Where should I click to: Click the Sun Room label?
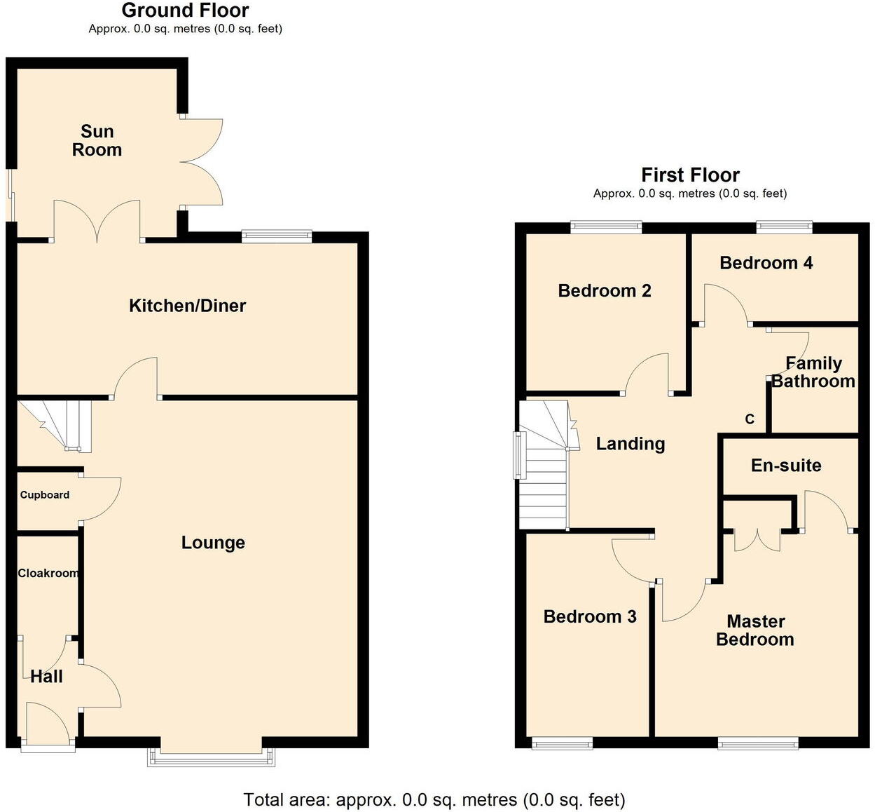click(x=97, y=141)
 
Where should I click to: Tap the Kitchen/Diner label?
click(x=187, y=306)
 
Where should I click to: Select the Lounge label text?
click(x=213, y=543)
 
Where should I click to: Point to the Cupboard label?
click(x=45, y=495)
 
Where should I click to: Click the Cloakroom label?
click(x=48, y=574)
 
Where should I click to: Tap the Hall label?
click(x=46, y=677)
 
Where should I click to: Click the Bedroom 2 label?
click(x=605, y=291)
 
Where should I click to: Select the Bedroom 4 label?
click(x=766, y=263)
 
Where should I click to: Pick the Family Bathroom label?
click(x=813, y=372)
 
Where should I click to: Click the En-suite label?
click(x=786, y=466)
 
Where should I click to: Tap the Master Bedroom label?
click(x=755, y=630)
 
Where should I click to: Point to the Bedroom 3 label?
click(x=590, y=617)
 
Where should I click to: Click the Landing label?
click(x=631, y=444)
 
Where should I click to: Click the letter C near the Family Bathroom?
click(x=750, y=419)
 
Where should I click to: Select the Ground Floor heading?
click(x=185, y=11)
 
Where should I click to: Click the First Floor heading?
click(x=690, y=175)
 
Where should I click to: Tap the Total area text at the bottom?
click(x=434, y=799)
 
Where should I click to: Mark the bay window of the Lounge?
click(x=211, y=757)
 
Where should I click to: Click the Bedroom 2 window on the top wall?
click(x=606, y=226)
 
